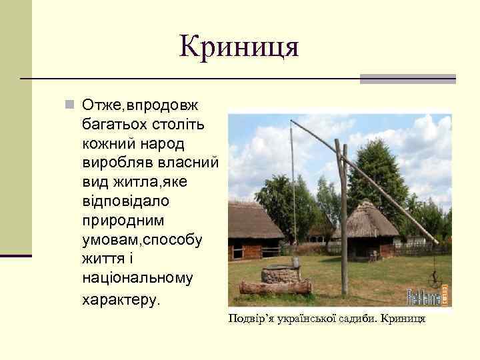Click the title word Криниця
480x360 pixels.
click(239, 47)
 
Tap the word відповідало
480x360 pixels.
click(125, 201)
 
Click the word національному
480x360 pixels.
click(137, 278)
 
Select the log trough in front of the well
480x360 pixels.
click(275, 287)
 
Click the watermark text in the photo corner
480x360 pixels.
click(425, 295)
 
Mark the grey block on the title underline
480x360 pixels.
click(407, 79)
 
